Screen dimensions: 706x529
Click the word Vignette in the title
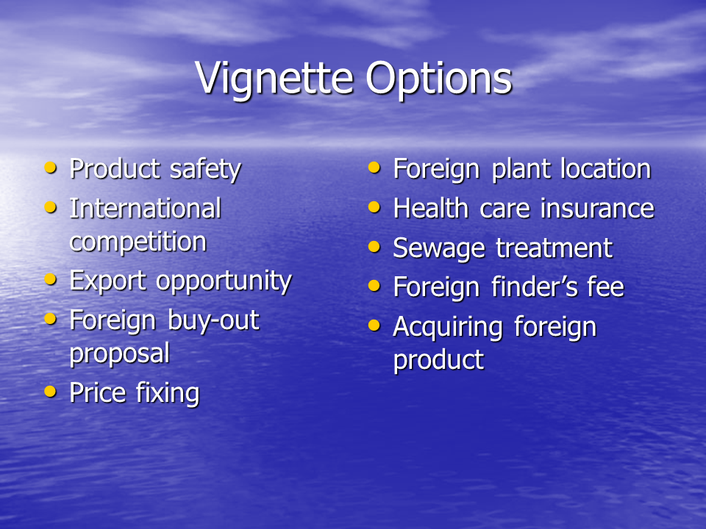[274, 79]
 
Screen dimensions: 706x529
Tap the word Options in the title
[439, 79]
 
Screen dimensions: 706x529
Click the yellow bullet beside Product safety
[51, 168]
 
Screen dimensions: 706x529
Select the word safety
[205, 170]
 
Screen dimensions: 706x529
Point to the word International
[146, 209]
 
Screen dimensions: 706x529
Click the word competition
[138, 242]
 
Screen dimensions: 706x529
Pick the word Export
[108, 281]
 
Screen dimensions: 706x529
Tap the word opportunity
[224, 281]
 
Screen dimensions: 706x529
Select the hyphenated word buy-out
[213, 321]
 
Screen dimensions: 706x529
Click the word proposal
[120, 354]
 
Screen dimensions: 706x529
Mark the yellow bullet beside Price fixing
[51, 392]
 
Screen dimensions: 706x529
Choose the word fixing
[168, 394]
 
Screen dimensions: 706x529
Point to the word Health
[431, 209]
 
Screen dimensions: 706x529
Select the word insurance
[597, 209]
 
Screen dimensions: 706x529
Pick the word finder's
[534, 287]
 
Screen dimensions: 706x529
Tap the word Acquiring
[449, 328]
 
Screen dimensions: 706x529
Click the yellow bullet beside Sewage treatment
[374, 247]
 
